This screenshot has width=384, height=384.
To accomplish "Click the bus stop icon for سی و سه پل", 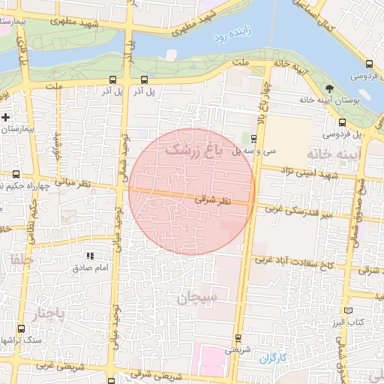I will [253, 138].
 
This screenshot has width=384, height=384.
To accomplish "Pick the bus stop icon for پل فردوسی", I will [342, 122].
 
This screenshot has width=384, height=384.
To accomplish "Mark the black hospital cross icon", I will [6, 117].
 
